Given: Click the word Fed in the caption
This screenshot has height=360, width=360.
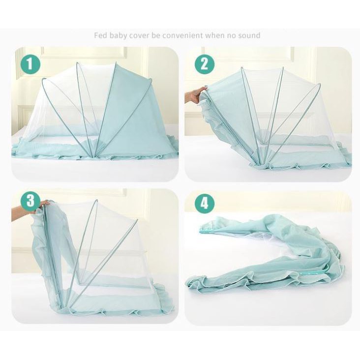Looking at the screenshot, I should [100, 35].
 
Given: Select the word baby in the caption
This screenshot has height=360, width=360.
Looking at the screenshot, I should [118, 35].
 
